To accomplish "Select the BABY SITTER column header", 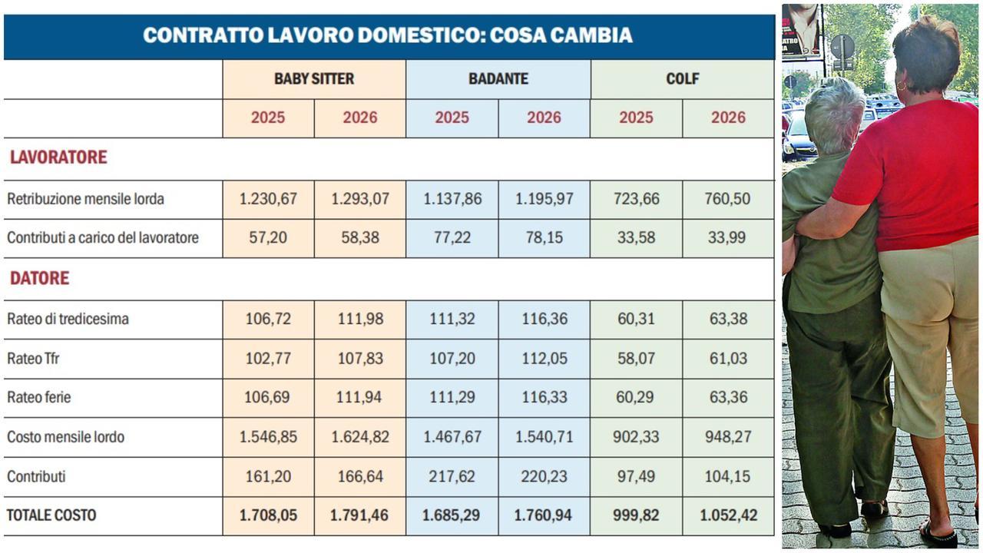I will coord(314,79).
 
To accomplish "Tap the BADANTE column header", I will coord(498,79).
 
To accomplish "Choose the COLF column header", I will coord(682,79).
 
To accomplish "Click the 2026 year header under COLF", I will coord(728,118).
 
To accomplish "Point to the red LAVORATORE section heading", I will coord(58,157).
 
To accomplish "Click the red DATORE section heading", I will coord(39,278).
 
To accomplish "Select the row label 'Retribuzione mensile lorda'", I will coord(85,199).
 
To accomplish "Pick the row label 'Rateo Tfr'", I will coord(33,358).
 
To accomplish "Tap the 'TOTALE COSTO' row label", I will coord(51,515).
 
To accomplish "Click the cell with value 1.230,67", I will coord(268,199).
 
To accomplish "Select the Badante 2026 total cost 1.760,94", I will coord(544,515).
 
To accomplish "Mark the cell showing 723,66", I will coord(636,199).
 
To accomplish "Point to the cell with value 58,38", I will coord(360,238).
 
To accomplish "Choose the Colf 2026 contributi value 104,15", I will coord(728,476).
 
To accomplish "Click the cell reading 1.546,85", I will coord(268,437).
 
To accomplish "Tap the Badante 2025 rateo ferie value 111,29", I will coord(452,397).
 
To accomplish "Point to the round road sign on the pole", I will coord(842,47).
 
